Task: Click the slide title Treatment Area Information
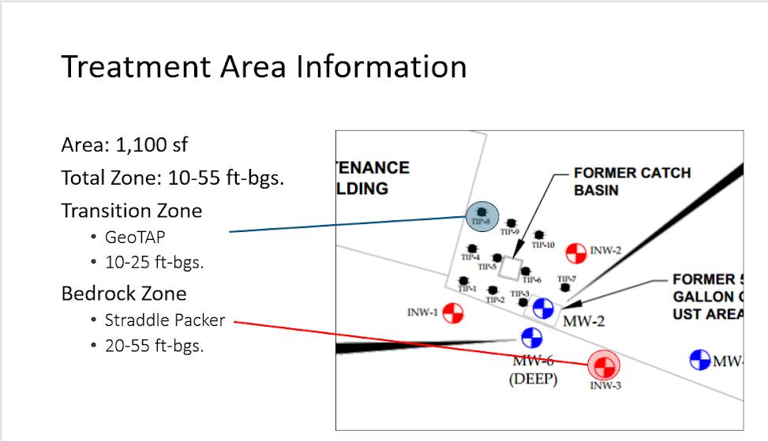click(264, 66)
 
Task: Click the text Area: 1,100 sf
click(125, 145)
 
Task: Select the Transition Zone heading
click(132, 211)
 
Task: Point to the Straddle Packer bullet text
click(165, 320)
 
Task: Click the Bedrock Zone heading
click(124, 294)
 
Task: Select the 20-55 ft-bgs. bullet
click(154, 345)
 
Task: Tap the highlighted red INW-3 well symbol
click(604, 365)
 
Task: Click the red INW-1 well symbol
click(452, 313)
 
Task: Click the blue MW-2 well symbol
click(543, 308)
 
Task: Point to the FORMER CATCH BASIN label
click(631, 181)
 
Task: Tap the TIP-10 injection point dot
click(539, 234)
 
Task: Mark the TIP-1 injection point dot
click(463, 280)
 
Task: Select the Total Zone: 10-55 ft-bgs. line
click(172, 178)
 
